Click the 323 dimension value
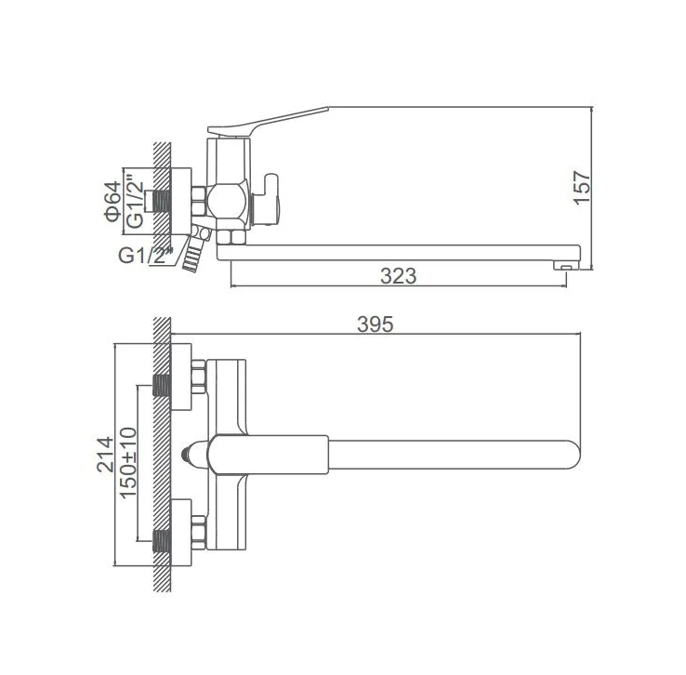(398, 275)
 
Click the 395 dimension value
(375, 324)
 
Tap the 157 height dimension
(582, 187)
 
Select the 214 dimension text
(105, 454)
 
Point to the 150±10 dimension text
(128, 462)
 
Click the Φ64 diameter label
(112, 201)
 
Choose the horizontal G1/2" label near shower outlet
(146, 255)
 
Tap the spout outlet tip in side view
(567, 265)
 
